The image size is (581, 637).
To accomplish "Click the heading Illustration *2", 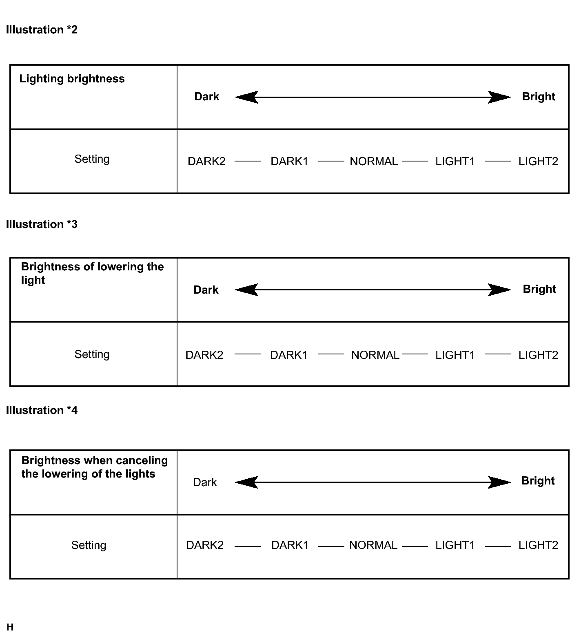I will (42, 30).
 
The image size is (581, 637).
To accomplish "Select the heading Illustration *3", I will (42, 224).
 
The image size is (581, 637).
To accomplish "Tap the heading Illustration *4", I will (42, 410).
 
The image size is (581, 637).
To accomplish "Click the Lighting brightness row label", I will (72, 79).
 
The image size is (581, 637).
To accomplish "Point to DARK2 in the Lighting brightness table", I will (206, 161).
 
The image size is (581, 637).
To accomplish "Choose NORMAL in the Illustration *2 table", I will (374, 161).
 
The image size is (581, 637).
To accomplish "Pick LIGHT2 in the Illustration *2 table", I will (538, 161).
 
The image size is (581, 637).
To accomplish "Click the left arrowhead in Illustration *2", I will (246, 97).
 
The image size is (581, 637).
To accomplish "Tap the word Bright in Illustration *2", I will (539, 97).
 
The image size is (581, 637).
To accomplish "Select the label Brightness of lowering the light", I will (92, 273).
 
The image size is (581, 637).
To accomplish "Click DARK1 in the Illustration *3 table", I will (289, 355).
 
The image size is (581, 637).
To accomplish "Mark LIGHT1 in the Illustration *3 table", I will (455, 355).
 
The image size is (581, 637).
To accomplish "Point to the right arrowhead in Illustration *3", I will (499, 290).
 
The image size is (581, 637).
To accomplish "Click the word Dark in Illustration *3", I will (206, 290).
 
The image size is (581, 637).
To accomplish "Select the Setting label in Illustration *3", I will (92, 354).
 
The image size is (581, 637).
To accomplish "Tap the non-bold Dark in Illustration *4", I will (205, 482).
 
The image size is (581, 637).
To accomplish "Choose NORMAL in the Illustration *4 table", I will (373, 545).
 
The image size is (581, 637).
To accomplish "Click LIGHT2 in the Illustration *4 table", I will (538, 545).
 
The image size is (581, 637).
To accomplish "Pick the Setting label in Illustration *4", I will (89, 545).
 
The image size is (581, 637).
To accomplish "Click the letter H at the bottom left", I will (10, 627).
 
